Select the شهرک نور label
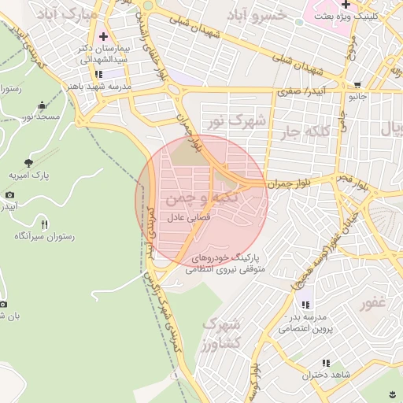[x=235, y=121]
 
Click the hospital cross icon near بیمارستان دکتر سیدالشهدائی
[x=104, y=36]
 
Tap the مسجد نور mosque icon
[x=42, y=105]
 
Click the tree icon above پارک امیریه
[x=29, y=162]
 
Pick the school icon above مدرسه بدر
[x=305, y=304]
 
